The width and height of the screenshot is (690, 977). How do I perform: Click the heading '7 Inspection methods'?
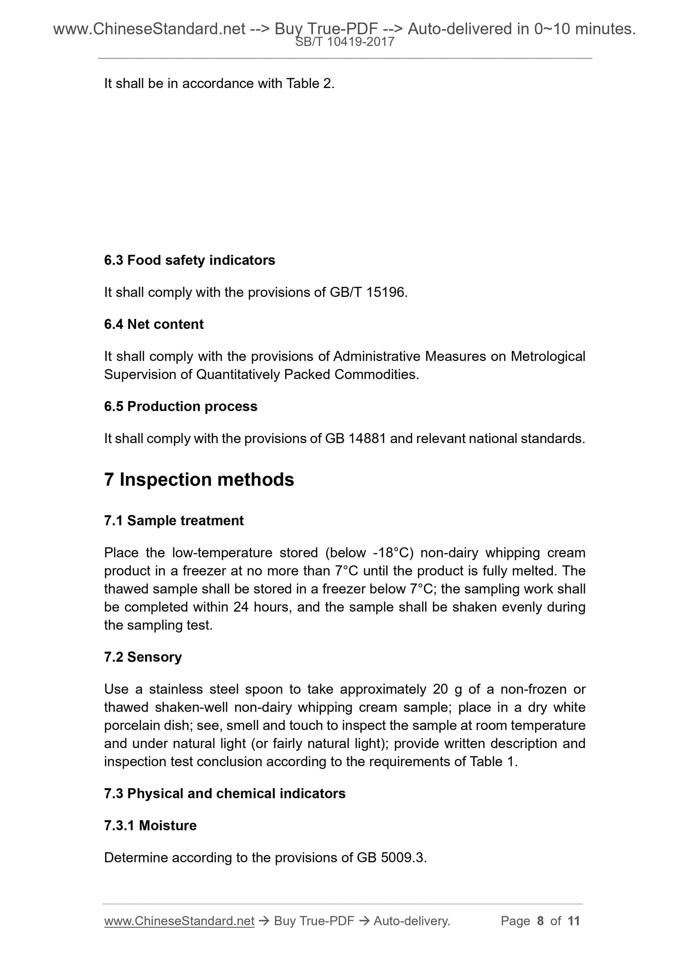(x=199, y=479)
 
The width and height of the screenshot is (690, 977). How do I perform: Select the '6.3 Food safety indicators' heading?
(x=190, y=261)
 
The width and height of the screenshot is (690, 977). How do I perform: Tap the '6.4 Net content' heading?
(x=154, y=325)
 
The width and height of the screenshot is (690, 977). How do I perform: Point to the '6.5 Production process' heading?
(x=180, y=406)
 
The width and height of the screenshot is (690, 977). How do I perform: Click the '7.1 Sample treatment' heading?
(x=174, y=521)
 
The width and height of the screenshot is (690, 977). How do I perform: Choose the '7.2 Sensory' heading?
(x=143, y=657)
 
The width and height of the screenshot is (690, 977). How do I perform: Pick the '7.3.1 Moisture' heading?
(x=150, y=825)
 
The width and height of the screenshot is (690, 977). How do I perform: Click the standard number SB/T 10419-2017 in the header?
(x=345, y=42)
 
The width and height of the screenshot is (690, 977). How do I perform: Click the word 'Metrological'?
(x=548, y=357)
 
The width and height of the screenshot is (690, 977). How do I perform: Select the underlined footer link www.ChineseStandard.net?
(x=179, y=921)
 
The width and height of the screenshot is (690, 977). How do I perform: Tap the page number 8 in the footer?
(x=540, y=921)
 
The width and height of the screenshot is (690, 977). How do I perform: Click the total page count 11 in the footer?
(x=573, y=921)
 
